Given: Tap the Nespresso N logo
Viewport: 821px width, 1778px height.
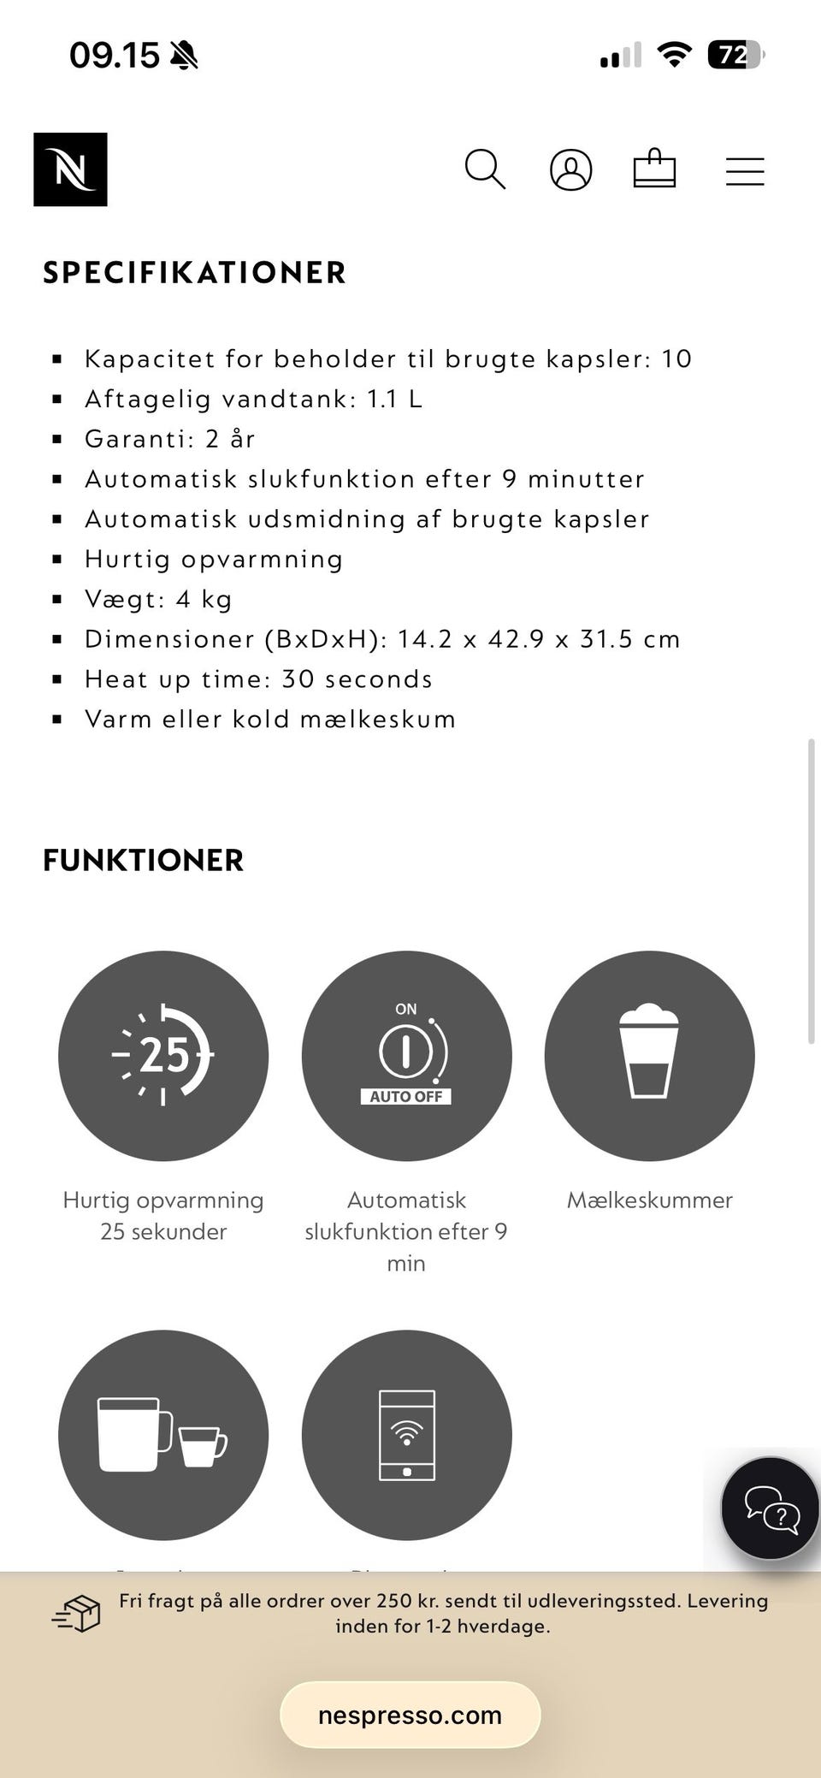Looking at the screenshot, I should [70, 169].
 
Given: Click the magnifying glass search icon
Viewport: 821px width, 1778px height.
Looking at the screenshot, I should [485, 169].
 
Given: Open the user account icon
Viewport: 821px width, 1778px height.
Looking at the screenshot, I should [570, 169].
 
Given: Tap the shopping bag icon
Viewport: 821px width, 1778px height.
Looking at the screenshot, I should [654, 169].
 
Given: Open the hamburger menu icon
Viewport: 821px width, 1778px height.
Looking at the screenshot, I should [745, 170].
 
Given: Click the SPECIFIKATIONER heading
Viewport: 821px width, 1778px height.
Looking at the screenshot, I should [194, 273].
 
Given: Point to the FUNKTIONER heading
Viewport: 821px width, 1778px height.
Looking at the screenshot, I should [143, 861].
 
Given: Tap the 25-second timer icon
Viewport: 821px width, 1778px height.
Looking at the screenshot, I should [163, 1055].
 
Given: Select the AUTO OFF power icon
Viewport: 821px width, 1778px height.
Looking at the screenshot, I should [406, 1055].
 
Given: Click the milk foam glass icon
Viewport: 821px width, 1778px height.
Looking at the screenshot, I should [649, 1055].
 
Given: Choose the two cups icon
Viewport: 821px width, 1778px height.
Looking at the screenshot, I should [163, 1435].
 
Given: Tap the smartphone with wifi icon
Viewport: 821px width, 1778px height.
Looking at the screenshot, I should [406, 1435].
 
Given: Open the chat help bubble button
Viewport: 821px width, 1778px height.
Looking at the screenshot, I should [770, 1508].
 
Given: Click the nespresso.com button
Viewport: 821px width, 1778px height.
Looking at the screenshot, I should [410, 1715].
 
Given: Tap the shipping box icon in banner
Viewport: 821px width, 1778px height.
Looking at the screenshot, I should [77, 1614].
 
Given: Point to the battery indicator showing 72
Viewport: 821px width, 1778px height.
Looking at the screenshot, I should [735, 56].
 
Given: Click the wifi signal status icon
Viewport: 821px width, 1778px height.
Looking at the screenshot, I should [674, 56].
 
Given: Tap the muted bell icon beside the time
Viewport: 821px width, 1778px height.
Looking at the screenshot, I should [184, 56].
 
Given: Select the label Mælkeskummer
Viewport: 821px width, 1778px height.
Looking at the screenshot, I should [649, 1200].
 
